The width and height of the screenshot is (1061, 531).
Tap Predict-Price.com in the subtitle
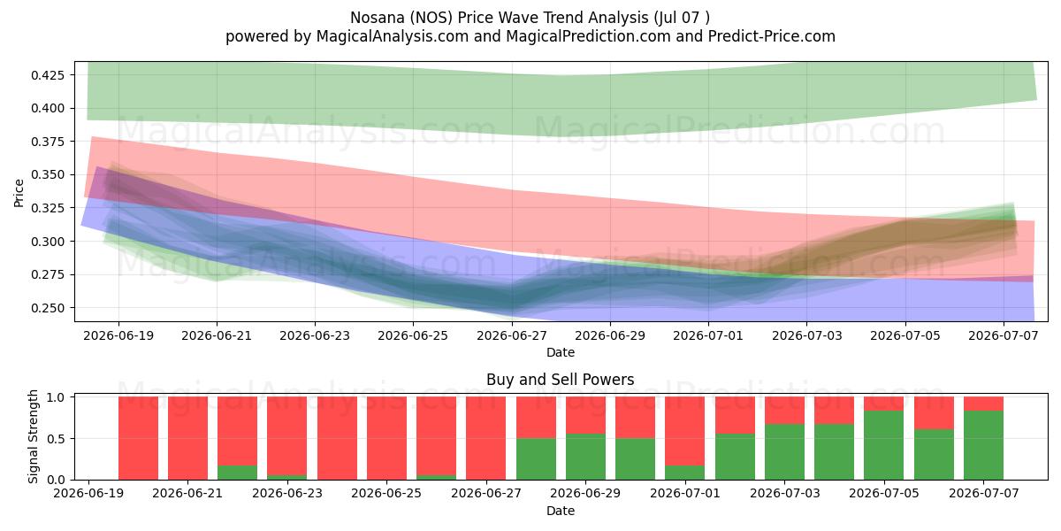pyautogui.click(x=772, y=36)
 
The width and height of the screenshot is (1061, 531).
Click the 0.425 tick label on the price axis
pyautogui.click(x=48, y=75)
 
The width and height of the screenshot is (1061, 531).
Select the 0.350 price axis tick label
pyautogui.click(x=48, y=175)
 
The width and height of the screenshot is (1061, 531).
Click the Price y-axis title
pyautogui.click(x=19, y=193)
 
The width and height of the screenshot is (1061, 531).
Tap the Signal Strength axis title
pyautogui.click(x=33, y=436)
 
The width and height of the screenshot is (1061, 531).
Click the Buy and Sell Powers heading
pyautogui.click(x=561, y=380)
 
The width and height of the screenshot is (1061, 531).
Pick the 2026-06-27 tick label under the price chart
pyautogui.click(x=512, y=335)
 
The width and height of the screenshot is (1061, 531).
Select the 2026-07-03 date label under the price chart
pyautogui.click(x=807, y=335)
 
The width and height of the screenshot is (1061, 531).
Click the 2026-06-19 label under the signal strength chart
pyautogui.click(x=88, y=494)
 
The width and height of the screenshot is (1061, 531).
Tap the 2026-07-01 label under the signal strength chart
pyautogui.click(x=685, y=494)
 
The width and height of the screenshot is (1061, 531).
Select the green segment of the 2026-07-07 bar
pyautogui.click(x=984, y=445)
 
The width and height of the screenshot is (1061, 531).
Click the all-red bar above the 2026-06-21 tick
pyautogui.click(x=188, y=438)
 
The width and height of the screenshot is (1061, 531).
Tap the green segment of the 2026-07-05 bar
pyautogui.click(x=884, y=445)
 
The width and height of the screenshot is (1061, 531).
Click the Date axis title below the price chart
pyautogui.click(x=561, y=352)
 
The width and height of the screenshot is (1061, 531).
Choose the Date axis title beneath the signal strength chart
pyautogui.click(x=561, y=511)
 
